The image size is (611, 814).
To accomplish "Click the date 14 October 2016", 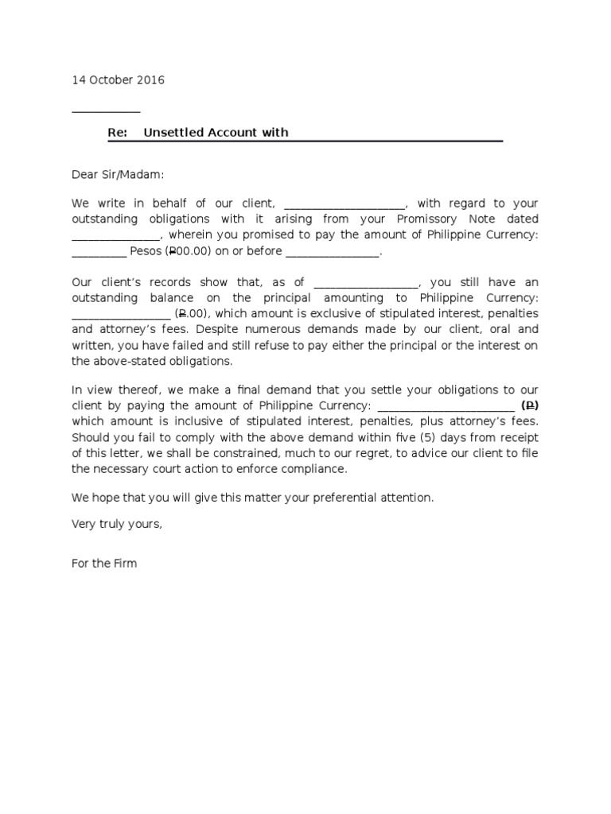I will pos(119,80).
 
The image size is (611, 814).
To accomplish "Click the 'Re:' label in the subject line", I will pos(118,133).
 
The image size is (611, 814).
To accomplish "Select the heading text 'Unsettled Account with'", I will pos(216,133).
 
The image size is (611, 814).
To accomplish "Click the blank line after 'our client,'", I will pos(344,204).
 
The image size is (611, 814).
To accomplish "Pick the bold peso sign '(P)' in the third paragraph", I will pos(530,405).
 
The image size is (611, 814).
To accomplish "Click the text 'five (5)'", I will pos(432,437).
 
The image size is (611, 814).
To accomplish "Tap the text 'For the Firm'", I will pos(104,564).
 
